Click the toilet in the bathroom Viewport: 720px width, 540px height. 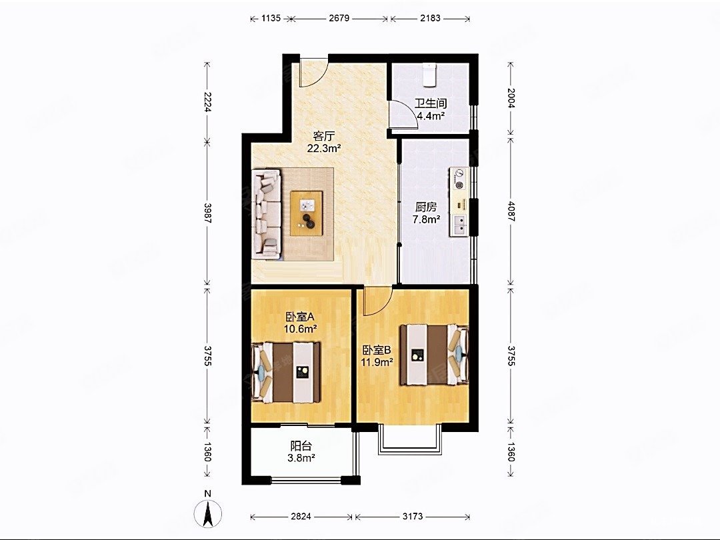tap(429, 75)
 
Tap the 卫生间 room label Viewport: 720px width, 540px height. tap(431, 104)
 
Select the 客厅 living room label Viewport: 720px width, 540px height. tap(324, 137)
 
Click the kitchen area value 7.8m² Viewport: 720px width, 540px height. tap(427, 219)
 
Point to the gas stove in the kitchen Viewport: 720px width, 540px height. tap(459, 179)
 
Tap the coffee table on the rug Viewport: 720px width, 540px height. tap(306, 213)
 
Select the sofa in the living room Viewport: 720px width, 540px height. tap(266, 214)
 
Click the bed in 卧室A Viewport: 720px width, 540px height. tap(285, 372)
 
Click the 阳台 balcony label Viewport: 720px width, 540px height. tap(301, 446)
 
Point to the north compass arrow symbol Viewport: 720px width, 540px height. tap(208, 513)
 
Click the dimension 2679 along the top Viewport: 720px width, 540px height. tap(339, 19)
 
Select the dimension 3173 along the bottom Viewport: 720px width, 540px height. tap(413, 517)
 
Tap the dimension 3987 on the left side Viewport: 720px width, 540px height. tap(207, 213)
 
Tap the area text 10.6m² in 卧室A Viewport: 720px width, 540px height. tap(301, 329)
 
